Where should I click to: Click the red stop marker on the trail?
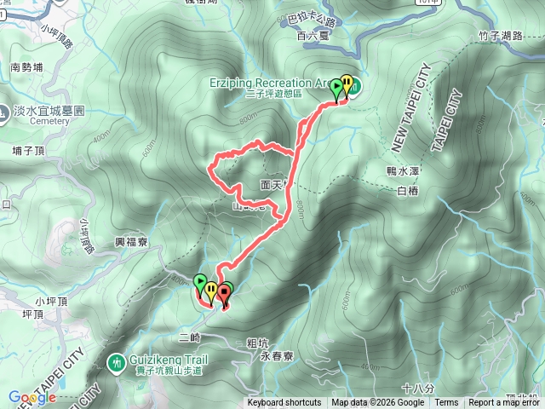coord(224,293)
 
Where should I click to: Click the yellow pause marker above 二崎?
coord(211,291)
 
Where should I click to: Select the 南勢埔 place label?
coord(26,66)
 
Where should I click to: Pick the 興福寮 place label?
coord(131,243)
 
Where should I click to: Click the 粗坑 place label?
coord(256,343)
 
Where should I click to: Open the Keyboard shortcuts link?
coord(284,403)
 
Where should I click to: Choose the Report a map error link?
coord(506,403)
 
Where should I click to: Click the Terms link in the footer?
coord(446,403)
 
